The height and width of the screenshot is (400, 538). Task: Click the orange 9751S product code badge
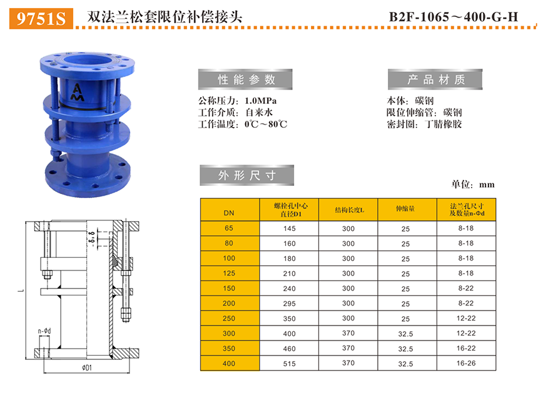[41, 18]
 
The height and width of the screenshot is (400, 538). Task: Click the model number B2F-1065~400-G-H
[454, 17]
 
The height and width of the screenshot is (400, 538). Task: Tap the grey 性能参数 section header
[245, 79]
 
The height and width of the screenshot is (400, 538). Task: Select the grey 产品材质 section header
[435, 79]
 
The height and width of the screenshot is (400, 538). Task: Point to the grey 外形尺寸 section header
[247, 175]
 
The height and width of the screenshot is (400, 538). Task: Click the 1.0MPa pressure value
[260, 101]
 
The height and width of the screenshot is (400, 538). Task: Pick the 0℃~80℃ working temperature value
[266, 124]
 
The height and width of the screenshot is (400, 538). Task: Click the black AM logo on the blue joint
[77, 93]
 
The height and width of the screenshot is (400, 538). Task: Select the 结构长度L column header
[348, 210]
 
